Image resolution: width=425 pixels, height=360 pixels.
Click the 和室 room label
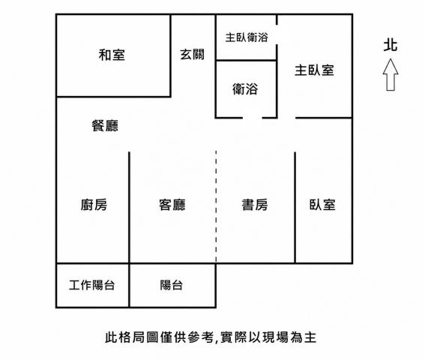[112, 55]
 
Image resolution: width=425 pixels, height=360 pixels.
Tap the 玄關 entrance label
[192, 55]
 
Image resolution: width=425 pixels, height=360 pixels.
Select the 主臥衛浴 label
[247, 37]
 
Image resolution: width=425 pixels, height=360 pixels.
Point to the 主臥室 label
[314, 70]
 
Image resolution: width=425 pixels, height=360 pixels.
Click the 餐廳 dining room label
[105, 125]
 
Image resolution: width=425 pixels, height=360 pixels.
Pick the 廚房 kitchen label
[94, 205]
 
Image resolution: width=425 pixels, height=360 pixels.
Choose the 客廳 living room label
[172, 205]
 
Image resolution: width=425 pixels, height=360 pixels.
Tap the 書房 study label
[255, 205]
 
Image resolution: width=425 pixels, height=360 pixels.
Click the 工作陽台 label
[92, 285]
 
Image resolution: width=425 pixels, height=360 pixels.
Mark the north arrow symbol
[391, 74]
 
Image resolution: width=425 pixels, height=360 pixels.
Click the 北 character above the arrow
[391, 45]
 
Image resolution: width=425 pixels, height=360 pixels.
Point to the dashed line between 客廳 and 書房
[216, 206]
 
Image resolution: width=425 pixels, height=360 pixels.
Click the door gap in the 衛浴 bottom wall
[253, 118]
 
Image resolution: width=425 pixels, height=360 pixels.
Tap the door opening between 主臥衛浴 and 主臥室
[277, 34]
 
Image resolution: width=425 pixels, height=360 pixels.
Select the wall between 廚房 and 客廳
[129, 208]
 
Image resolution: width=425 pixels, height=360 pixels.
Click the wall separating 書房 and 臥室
[295, 208]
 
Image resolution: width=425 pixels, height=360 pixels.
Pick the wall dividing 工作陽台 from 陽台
[129, 286]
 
